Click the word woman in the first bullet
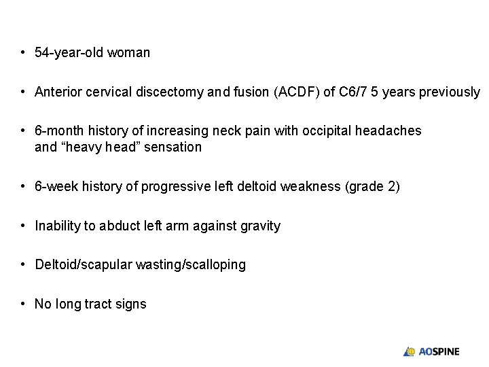[130, 52]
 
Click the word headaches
[391, 130]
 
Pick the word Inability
[58, 226]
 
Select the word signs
[130, 304]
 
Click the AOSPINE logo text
[439, 351]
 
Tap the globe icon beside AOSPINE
[410, 351]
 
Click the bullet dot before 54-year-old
[23, 52]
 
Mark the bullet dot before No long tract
[23, 304]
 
